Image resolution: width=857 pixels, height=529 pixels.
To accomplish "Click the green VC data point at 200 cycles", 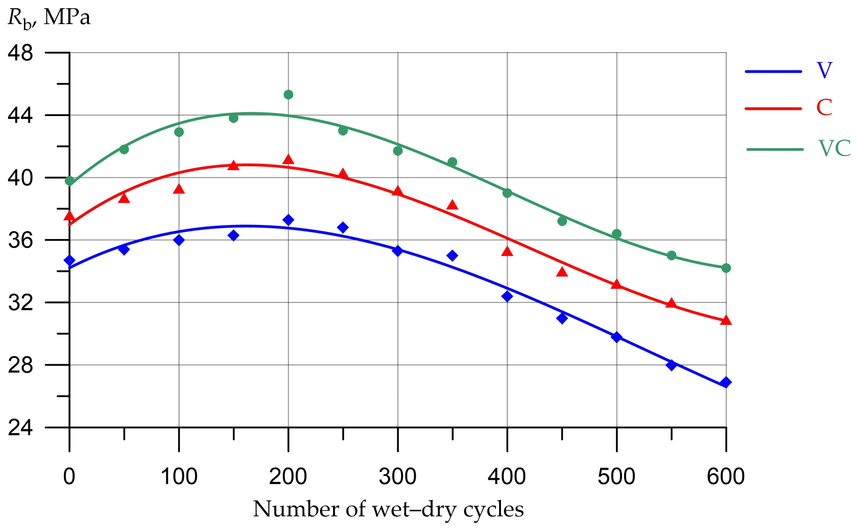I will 288,95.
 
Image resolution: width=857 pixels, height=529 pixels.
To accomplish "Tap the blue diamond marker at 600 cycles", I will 726,382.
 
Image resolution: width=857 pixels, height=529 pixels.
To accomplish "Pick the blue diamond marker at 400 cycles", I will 507,296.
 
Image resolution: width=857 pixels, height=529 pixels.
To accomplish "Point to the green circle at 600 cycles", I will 726,268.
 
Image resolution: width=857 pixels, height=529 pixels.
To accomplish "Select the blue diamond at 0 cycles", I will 69,260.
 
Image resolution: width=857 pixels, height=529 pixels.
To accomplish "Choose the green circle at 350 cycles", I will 452,162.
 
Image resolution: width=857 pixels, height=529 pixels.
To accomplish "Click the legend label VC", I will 834,148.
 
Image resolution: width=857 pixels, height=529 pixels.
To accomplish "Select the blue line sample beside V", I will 773,72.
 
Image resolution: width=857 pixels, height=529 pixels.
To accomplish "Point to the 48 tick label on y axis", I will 20,53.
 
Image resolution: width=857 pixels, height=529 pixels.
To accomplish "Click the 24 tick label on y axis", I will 20,428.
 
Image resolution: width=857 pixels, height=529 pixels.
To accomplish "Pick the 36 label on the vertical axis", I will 20,240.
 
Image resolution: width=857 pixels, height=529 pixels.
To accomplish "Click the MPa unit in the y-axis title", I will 67,17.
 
